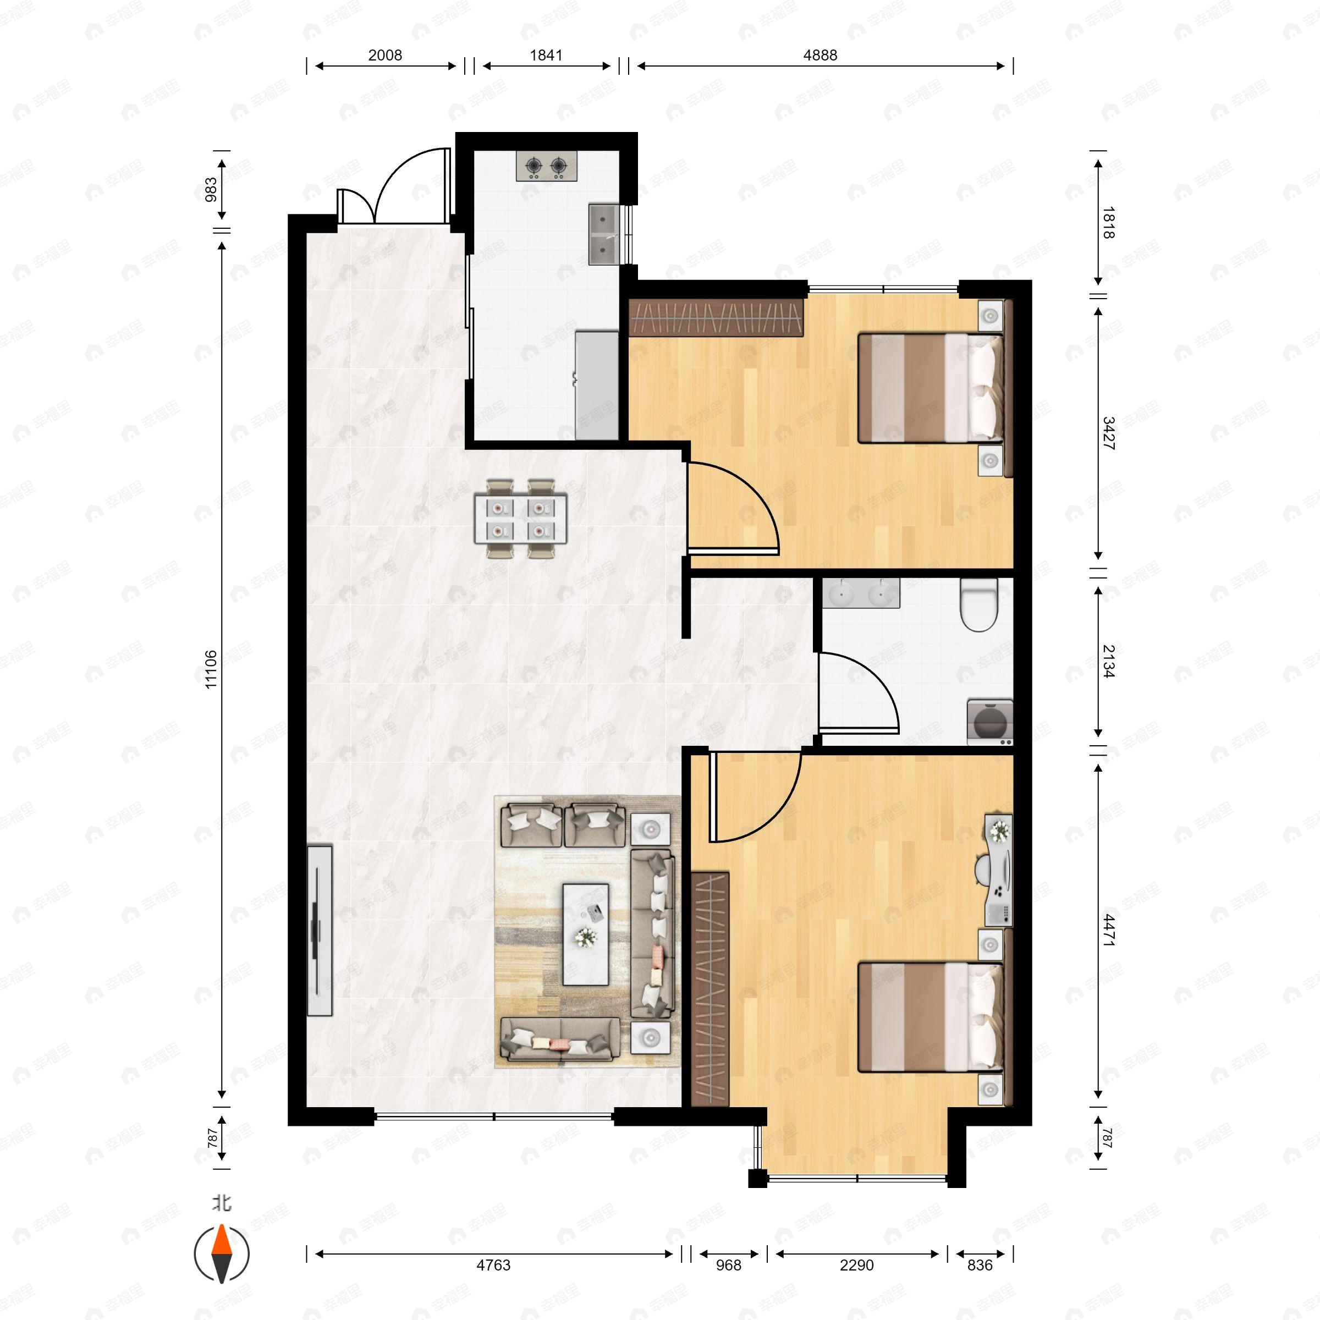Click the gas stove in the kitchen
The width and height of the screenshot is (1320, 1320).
pyautogui.click(x=547, y=166)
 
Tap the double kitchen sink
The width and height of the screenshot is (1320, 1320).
pyautogui.click(x=603, y=234)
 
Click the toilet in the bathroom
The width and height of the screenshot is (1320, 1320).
pyautogui.click(x=978, y=604)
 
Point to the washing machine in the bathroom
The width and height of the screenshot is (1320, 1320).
pyautogui.click(x=989, y=722)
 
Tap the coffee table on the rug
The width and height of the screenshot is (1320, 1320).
pyautogui.click(x=586, y=934)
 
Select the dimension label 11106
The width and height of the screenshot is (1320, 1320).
pyautogui.click(x=211, y=669)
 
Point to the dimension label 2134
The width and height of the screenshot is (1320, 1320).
pyautogui.click(x=1108, y=661)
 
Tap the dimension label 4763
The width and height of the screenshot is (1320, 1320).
pyautogui.click(x=493, y=1264)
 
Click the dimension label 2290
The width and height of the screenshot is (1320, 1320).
pyautogui.click(x=857, y=1264)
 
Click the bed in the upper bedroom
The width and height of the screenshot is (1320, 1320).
pyautogui.click(x=929, y=387)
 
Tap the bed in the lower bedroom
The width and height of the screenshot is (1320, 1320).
pyautogui.click(x=929, y=1016)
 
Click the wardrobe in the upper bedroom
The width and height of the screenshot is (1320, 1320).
pyautogui.click(x=716, y=318)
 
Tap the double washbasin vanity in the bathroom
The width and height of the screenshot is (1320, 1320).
pyautogui.click(x=860, y=593)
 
